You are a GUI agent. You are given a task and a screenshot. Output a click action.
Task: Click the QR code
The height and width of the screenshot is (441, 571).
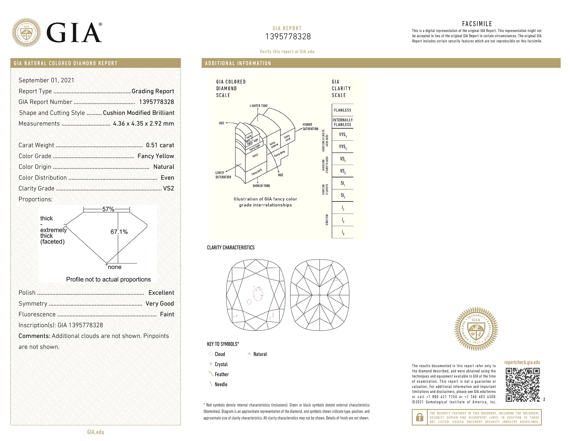pos(522,385)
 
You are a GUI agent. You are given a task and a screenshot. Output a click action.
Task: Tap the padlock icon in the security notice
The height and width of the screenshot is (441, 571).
pos(419,417)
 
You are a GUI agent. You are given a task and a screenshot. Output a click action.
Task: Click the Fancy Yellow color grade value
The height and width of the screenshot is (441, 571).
pos(156,156)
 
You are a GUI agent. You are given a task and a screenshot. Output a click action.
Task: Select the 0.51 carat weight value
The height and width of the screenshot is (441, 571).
pos(160,145)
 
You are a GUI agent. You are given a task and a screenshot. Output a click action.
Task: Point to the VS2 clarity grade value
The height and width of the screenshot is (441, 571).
pos(168,188)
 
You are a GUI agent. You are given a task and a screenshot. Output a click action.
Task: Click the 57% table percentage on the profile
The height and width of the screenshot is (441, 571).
pos(108,209)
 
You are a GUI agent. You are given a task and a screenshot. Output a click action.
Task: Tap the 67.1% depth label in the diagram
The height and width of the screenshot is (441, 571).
pos(119,232)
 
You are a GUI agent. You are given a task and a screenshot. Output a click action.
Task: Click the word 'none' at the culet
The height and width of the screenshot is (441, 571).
pos(114,267)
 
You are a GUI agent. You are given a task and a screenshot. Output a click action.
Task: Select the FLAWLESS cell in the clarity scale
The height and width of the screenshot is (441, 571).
pos(342,110)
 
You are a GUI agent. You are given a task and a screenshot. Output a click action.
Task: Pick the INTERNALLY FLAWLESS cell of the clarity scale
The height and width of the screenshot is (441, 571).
pos(342,122)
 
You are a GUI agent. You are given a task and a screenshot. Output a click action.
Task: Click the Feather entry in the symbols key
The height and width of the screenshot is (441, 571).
pos(222,375)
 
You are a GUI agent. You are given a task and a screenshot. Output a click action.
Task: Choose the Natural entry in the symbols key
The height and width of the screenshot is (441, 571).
pos(260,354)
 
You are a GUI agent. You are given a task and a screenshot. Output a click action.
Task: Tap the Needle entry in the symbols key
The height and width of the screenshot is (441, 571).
pos(221,385)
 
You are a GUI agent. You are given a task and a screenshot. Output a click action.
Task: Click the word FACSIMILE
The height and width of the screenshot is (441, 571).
pos(477,24)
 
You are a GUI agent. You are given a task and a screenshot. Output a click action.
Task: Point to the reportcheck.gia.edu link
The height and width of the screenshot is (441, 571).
pos(522,363)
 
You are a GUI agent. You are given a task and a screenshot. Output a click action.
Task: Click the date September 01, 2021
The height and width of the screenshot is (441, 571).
pos(46,81)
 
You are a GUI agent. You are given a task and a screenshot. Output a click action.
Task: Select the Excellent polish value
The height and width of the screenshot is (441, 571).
pos(161,293)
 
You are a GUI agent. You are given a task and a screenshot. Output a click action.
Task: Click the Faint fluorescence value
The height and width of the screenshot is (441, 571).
pos(167,315)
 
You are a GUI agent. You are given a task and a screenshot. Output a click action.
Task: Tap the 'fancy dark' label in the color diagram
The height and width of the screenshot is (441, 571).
pos(257,172)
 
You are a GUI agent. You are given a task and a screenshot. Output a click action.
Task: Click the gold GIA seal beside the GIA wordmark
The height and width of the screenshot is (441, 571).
pos(26,32)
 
